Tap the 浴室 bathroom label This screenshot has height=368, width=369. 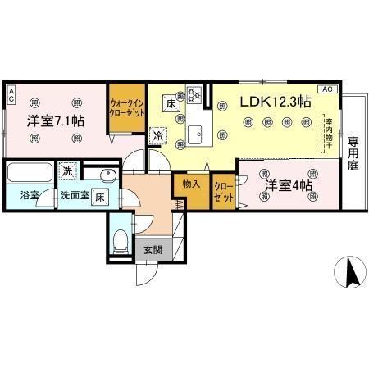click(x=19, y=197)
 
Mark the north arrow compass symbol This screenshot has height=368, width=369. click(x=352, y=272)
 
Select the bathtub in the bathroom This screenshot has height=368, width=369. click(x=28, y=174)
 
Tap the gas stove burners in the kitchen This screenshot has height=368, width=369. click(x=196, y=95)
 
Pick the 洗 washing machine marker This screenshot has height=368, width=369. click(x=69, y=171)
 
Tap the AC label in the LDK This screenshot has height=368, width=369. click(x=326, y=88)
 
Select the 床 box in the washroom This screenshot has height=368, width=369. click(x=98, y=197)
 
